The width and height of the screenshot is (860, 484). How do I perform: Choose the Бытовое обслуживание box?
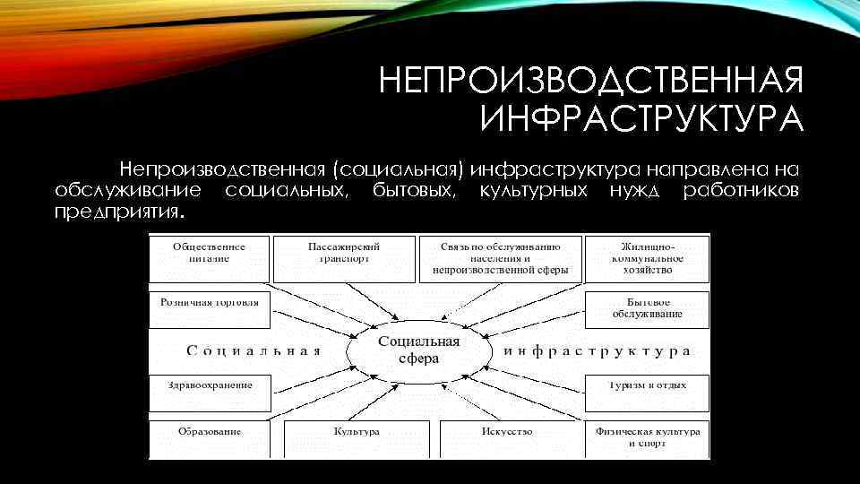click(x=647, y=307)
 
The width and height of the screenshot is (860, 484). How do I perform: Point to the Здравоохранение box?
click(x=209, y=386)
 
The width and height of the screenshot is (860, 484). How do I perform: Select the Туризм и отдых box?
click(x=647, y=386)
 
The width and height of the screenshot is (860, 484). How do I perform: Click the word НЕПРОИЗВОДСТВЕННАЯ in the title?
click(x=590, y=83)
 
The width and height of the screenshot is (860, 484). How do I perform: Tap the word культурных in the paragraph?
click(x=534, y=191)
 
